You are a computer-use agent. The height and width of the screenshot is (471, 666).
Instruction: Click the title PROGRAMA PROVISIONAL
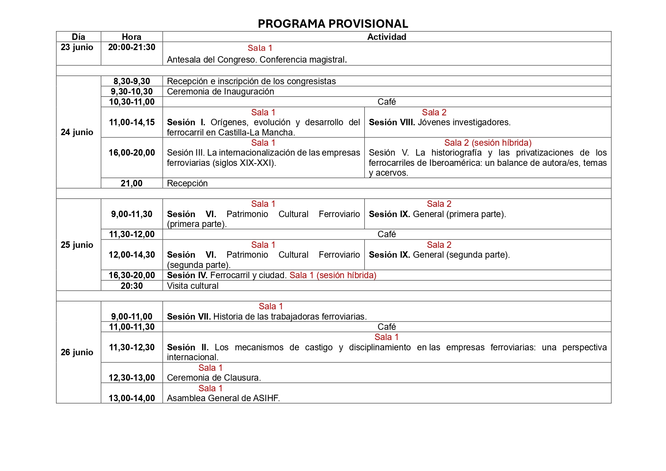[x=333, y=24]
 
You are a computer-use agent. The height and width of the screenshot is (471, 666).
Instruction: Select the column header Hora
[x=131, y=37]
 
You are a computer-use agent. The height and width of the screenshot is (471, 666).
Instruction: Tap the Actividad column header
[x=386, y=37]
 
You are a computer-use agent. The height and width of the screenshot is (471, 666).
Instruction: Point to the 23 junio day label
[x=77, y=47]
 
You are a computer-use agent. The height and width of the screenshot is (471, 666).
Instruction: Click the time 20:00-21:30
[x=132, y=47]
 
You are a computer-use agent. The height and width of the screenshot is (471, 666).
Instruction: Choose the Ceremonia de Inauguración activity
[x=220, y=91]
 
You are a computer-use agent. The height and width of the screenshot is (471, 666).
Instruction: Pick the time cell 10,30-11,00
[x=132, y=102]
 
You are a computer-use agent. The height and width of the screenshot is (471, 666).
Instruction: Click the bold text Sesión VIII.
[x=392, y=123]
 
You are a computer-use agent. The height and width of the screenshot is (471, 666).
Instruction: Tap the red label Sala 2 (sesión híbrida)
[x=488, y=143]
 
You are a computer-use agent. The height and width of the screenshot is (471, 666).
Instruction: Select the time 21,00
[x=132, y=183]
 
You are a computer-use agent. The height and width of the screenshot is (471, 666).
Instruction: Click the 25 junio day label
[x=77, y=245]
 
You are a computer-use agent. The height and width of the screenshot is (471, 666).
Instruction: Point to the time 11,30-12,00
[x=132, y=234]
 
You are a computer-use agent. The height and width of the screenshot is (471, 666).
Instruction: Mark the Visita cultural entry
[x=192, y=286]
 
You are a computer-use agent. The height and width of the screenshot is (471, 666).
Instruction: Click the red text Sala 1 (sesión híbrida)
[x=333, y=275]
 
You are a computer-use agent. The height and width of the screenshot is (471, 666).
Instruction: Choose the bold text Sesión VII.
[x=189, y=317]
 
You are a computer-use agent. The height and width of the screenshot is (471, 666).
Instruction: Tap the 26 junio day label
[x=77, y=352]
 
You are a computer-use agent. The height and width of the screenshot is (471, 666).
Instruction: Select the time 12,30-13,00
[x=132, y=378]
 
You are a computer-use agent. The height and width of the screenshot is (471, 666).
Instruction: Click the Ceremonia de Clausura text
[x=214, y=378]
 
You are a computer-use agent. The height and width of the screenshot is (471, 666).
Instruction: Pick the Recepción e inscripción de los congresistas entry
[x=251, y=81]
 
